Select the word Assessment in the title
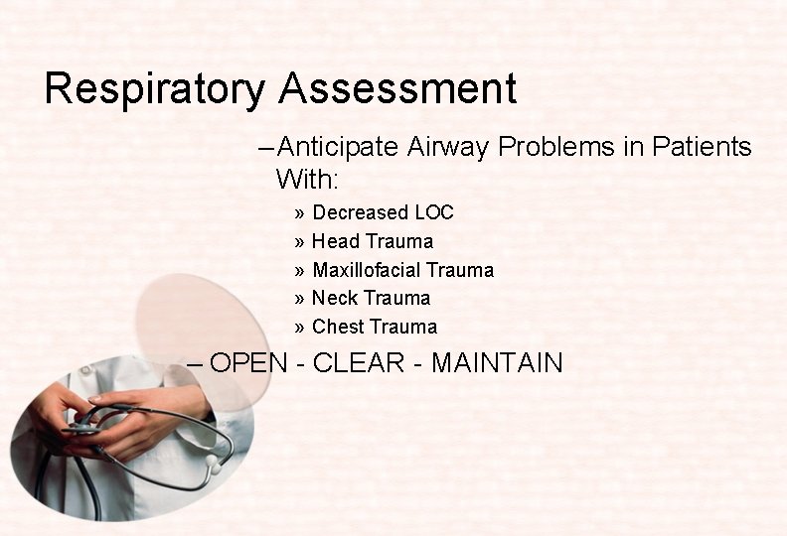coord(397,89)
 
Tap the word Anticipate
coord(339,148)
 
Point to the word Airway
coord(449,148)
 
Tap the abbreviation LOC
coord(434,213)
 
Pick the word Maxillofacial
coord(366,270)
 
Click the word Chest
coord(336,328)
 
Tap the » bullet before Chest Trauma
coord(300,328)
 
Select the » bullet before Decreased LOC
coord(300,213)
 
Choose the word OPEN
coord(248,363)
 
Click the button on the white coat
coord(87,368)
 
